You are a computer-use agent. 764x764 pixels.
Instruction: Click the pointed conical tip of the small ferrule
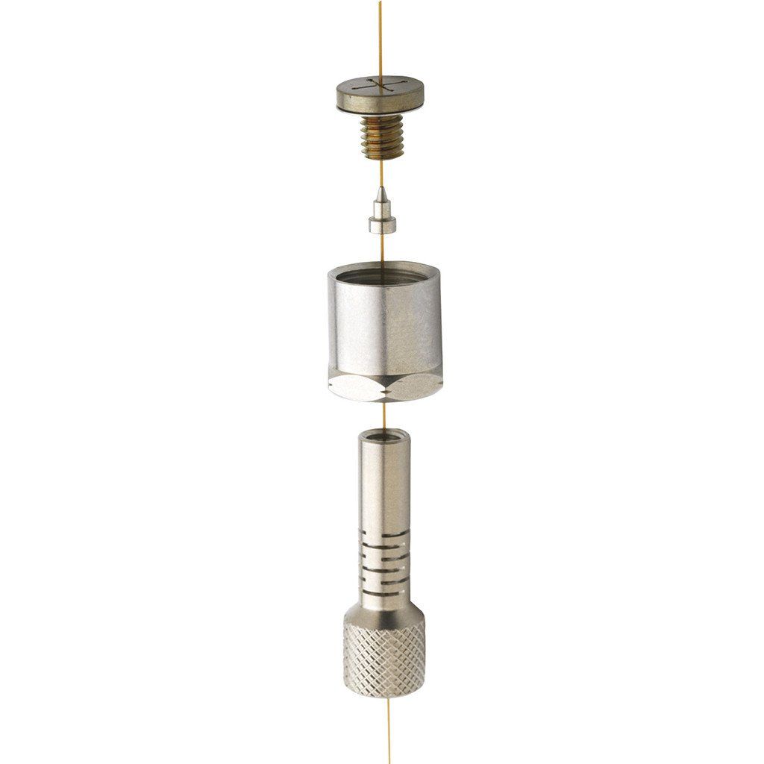click(381, 196)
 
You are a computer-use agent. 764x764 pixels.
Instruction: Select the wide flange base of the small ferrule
click(381, 225)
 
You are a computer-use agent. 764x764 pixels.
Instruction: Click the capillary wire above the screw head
click(380, 37)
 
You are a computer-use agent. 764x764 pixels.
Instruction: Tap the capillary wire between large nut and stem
click(383, 415)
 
